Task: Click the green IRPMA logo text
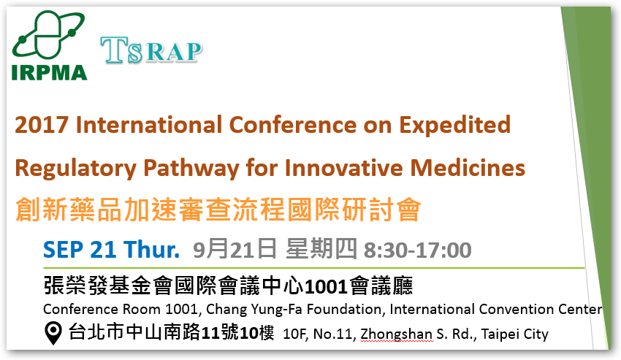pyautogui.click(x=50, y=72)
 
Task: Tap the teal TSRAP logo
pyautogui.click(x=151, y=50)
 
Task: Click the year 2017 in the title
pyautogui.click(x=42, y=125)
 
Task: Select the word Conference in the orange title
pyautogui.click(x=293, y=125)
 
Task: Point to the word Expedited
pyautogui.click(x=454, y=126)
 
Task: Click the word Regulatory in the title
pyautogui.click(x=76, y=169)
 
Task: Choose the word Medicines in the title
pyautogui.click(x=468, y=167)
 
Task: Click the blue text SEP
pyautogui.click(x=64, y=250)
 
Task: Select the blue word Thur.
pyautogui.click(x=151, y=250)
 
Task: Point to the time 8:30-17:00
pyautogui.click(x=417, y=250)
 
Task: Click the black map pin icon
pyautogui.click(x=53, y=333)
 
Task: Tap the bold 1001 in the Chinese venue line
pyautogui.click(x=327, y=287)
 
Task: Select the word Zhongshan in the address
pyautogui.click(x=396, y=334)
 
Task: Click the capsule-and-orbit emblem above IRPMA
pyautogui.click(x=48, y=35)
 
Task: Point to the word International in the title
pyautogui.click(x=149, y=125)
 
